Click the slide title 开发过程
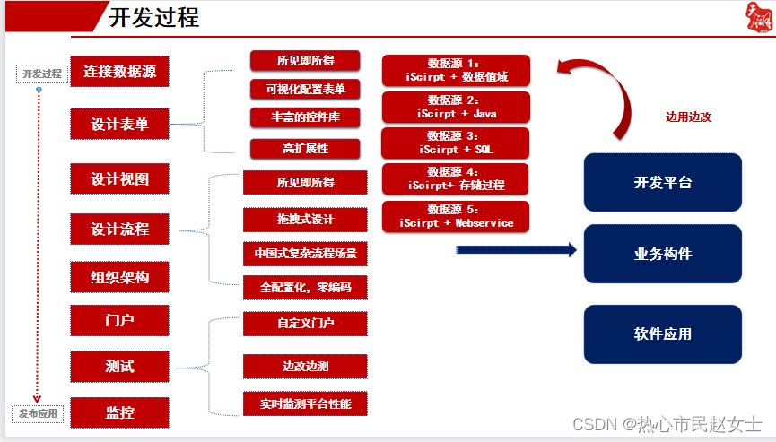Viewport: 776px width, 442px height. tap(153, 17)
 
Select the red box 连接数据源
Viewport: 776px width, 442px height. tap(119, 72)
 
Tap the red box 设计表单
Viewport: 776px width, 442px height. tap(119, 125)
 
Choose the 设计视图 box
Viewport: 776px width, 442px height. tap(119, 178)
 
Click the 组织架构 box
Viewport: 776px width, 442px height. tap(119, 278)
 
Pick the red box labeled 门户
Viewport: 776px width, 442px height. tap(119, 319)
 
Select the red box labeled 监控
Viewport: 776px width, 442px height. tap(119, 413)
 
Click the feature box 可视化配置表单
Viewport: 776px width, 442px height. tap(305, 88)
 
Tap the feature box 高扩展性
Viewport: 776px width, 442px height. tap(305, 148)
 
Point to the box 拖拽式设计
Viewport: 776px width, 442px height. tap(305, 220)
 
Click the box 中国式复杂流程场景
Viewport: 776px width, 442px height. tap(305, 254)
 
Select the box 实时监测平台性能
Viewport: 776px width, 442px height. tap(305, 404)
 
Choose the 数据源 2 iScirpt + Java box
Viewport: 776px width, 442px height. tap(456, 108)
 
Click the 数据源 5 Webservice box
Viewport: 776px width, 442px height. tap(456, 216)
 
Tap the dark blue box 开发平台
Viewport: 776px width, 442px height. tap(663, 183)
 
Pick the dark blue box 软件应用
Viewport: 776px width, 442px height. tap(663, 334)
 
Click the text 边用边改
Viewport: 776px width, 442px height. tap(688, 117)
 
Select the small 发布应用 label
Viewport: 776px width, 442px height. tap(38, 413)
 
